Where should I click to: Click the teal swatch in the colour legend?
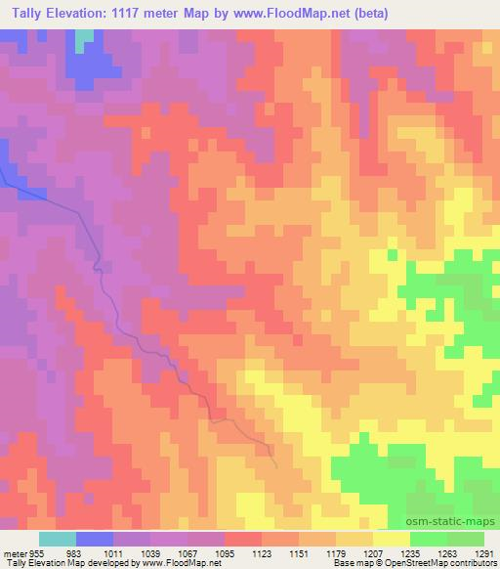tap(58, 539)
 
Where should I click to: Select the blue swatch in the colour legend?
tap(95, 539)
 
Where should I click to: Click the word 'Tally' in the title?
tap(21, 13)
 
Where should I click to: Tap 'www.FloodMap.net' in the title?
tap(298, 13)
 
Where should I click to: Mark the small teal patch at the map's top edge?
tap(86, 36)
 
